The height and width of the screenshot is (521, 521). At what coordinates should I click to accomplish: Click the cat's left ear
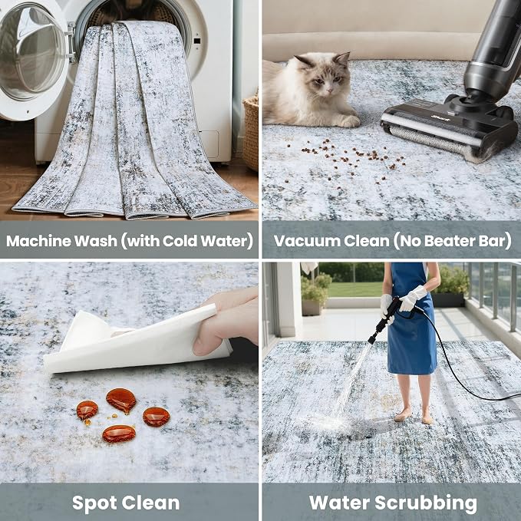tap(342, 60)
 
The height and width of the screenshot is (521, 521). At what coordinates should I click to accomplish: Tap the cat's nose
tap(329, 89)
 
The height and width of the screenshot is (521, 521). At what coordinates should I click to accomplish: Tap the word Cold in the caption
tap(180, 241)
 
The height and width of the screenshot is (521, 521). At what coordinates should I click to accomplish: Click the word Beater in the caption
tap(449, 241)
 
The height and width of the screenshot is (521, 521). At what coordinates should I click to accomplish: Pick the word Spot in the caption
tap(94, 503)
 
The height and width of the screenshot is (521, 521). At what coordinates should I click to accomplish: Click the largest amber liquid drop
tap(121, 401)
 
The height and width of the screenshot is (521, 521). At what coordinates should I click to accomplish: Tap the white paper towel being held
tap(133, 342)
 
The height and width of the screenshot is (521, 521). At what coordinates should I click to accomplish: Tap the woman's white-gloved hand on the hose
tap(413, 298)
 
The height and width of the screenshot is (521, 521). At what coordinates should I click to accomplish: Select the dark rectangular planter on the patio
tap(448, 300)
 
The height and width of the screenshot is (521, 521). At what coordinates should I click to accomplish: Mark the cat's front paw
tap(349, 121)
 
